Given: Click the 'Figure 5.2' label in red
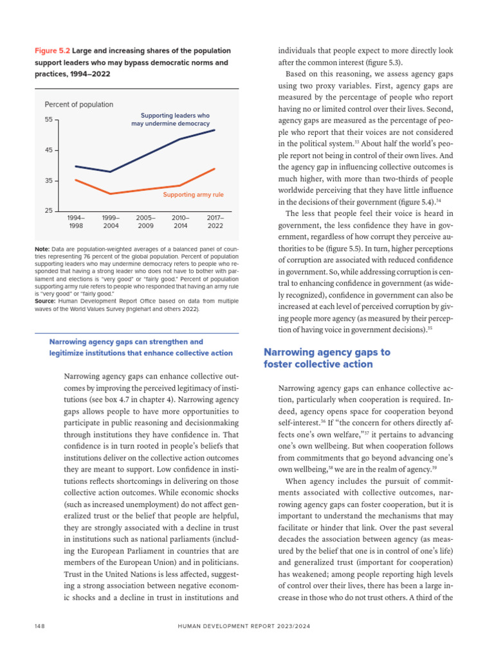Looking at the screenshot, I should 51,50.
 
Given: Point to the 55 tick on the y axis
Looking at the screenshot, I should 48,120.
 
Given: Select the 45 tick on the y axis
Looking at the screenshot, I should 48,150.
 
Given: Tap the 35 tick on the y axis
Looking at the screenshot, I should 48,181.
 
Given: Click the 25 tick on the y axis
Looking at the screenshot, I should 48,211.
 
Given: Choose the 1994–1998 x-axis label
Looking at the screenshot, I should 75,222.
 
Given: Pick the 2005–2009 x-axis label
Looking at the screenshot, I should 145,222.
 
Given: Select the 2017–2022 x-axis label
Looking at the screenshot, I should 215,222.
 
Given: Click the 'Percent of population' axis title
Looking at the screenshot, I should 78,104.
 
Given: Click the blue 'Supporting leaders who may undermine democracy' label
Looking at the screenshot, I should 170,120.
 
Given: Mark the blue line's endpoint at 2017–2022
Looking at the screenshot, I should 215,130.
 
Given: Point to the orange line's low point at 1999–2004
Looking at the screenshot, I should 111,193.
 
